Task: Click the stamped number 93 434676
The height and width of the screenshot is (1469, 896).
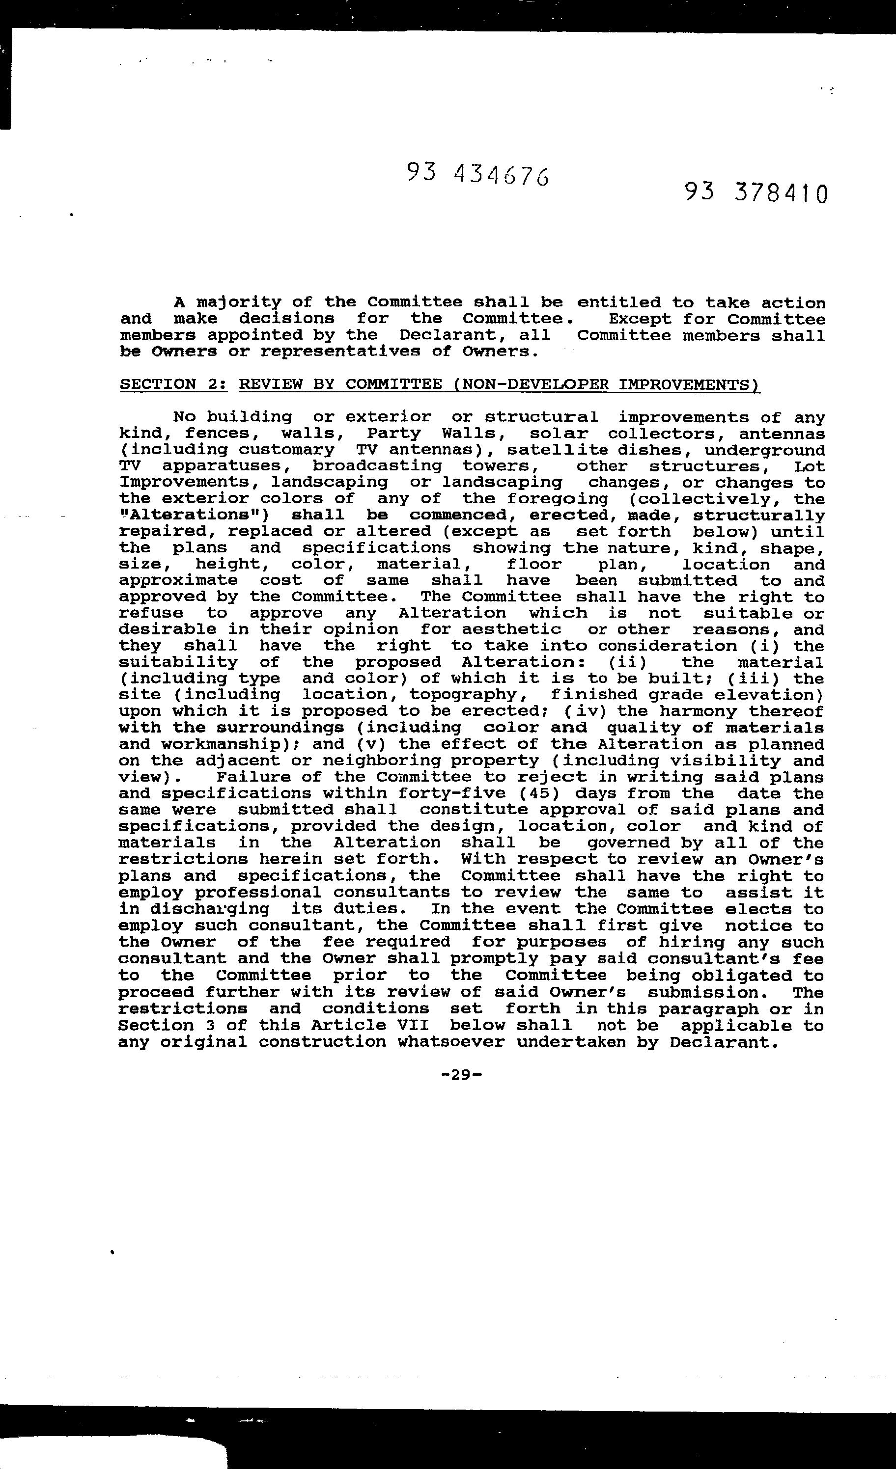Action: click(x=478, y=174)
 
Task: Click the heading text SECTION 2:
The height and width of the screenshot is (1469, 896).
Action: click(x=173, y=384)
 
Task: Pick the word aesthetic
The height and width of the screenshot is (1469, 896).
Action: click(x=512, y=629)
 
